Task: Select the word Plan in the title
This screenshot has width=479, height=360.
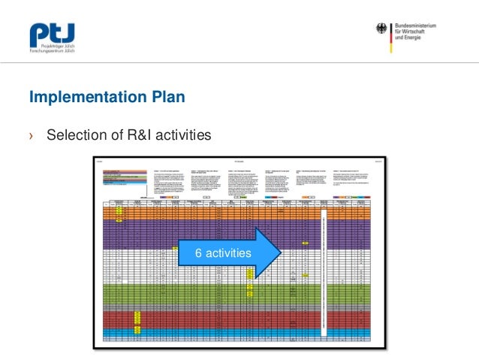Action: click(x=164, y=98)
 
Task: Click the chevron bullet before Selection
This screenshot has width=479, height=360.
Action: click(x=31, y=136)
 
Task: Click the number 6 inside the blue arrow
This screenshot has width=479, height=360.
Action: click(x=198, y=254)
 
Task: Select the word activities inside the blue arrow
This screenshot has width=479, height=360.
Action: click(x=227, y=254)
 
